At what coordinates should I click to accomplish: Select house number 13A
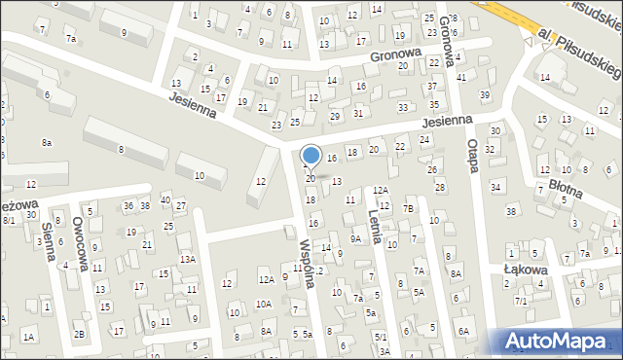(187, 259)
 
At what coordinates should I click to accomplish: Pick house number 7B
(409, 208)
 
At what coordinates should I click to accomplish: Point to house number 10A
(264, 304)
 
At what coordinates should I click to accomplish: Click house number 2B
(79, 335)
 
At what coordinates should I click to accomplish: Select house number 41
(460, 77)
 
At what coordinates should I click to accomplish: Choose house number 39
(485, 94)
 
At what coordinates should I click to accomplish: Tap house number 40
(166, 199)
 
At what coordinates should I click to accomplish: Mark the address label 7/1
(521, 302)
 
